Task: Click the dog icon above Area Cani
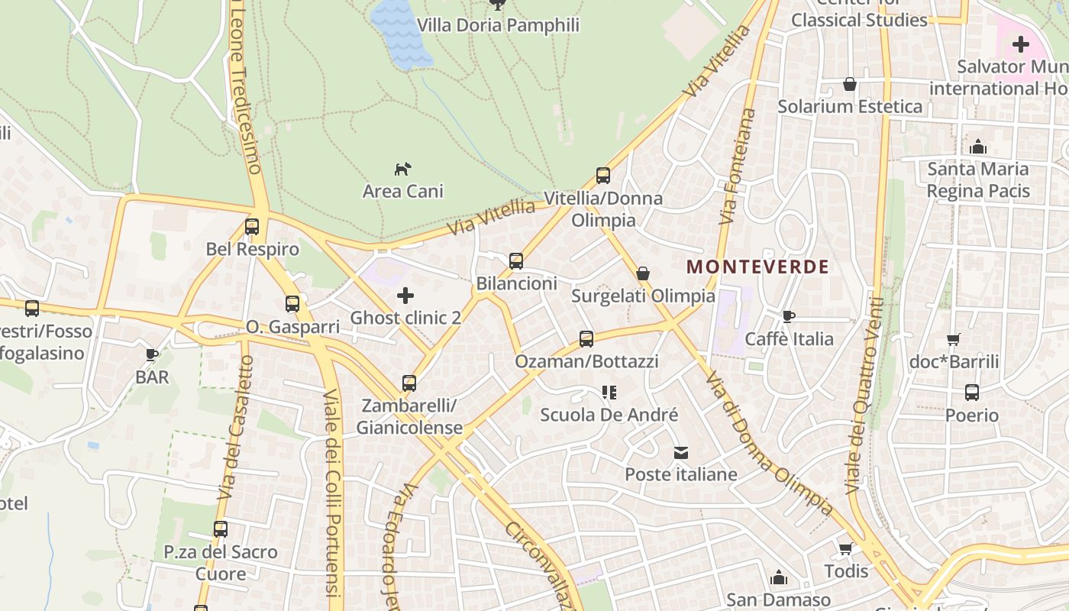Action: click(402, 168)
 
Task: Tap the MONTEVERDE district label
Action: click(757, 267)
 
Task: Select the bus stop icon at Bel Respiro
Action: click(252, 227)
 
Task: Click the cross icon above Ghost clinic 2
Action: click(405, 295)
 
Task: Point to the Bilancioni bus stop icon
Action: click(516, 261)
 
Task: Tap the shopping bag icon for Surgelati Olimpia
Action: click(643, 273)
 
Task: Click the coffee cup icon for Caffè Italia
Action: click(789, 316)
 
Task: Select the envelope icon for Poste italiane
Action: click(681, 453)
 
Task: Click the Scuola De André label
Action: click(609, 415)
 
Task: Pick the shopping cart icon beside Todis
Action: click(845, 548)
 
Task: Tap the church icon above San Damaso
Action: click(778, 577)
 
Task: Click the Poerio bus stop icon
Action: click(971, 393)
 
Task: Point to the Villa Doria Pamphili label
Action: click(498, 25)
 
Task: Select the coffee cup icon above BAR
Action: click(151, 354)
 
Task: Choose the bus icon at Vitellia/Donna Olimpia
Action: click(603, 176)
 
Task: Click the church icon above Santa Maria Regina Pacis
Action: click(977, 147)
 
